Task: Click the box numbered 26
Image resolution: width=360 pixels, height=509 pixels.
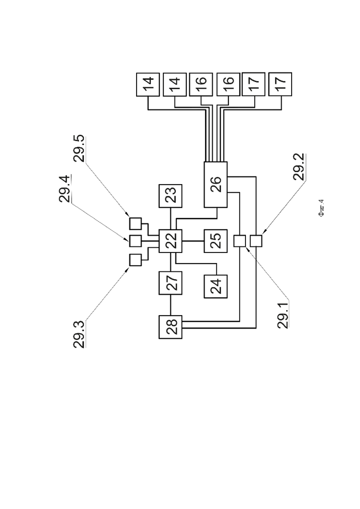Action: [216, 185]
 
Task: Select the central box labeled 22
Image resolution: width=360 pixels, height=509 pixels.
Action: [170, 241]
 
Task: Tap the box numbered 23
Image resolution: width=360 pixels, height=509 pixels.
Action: [170, 196]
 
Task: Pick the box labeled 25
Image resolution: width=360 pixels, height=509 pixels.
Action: [216, 241]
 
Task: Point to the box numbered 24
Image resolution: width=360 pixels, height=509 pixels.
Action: [216, 286]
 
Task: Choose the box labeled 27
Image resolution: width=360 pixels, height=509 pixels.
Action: [170, 283]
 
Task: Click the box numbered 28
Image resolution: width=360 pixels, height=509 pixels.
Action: [170, 327]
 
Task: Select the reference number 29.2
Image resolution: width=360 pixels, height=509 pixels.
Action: [298, 167]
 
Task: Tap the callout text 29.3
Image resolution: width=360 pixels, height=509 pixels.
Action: [79, 334]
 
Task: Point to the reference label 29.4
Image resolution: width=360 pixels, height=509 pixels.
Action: [64, 189]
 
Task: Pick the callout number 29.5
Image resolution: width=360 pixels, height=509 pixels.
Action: [79, 148]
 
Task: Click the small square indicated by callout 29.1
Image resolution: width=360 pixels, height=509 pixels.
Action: [240, 241]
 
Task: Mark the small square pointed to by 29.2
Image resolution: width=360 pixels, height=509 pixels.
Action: [256, 241]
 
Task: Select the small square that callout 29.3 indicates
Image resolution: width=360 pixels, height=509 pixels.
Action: [135, 260]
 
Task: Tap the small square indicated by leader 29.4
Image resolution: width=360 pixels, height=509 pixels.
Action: [135, 241]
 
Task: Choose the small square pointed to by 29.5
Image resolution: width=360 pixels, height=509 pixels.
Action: [135, 224]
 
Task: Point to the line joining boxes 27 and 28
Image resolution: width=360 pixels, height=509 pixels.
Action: [170, 305]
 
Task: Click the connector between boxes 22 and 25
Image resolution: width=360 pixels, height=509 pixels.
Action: [193, 241]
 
